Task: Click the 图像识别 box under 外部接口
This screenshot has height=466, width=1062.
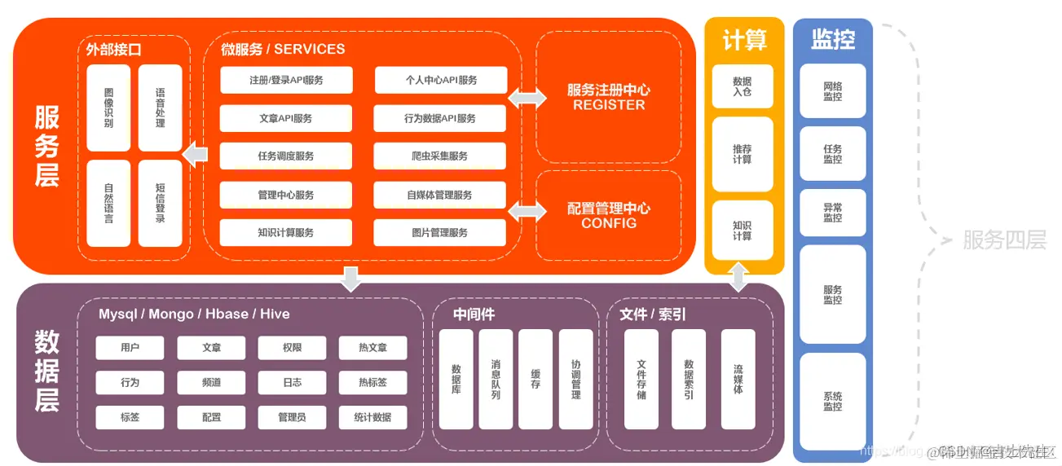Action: (108, 108)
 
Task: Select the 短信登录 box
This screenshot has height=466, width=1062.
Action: (160, 203)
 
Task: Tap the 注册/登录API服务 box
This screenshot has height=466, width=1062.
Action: (286, 80)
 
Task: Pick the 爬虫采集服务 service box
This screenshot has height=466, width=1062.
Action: (440, 156)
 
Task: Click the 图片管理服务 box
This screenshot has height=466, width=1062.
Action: (440, 233)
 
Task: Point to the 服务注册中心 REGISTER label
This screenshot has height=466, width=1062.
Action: (609, 97)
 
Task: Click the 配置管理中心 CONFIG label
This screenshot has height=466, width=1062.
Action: (609, 215)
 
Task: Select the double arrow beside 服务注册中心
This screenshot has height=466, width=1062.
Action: (527, 98)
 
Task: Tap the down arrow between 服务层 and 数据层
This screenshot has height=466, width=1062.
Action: (350, 278)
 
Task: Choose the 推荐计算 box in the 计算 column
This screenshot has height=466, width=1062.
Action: (742, 154)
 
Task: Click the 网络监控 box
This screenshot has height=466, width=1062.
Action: (832, 91)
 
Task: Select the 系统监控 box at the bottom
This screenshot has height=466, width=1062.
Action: (832, 401)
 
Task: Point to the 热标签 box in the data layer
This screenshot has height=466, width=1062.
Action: (372, 382)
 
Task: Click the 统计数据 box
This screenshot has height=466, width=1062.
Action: (372, 417)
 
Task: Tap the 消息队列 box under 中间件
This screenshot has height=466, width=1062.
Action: (496, 379)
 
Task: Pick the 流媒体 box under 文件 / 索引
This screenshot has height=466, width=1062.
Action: (738, 379)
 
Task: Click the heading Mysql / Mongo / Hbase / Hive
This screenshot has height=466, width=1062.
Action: (194, 314)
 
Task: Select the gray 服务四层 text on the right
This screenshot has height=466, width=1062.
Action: (1004, 240)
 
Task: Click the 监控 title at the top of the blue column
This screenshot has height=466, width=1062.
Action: (832, 38)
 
